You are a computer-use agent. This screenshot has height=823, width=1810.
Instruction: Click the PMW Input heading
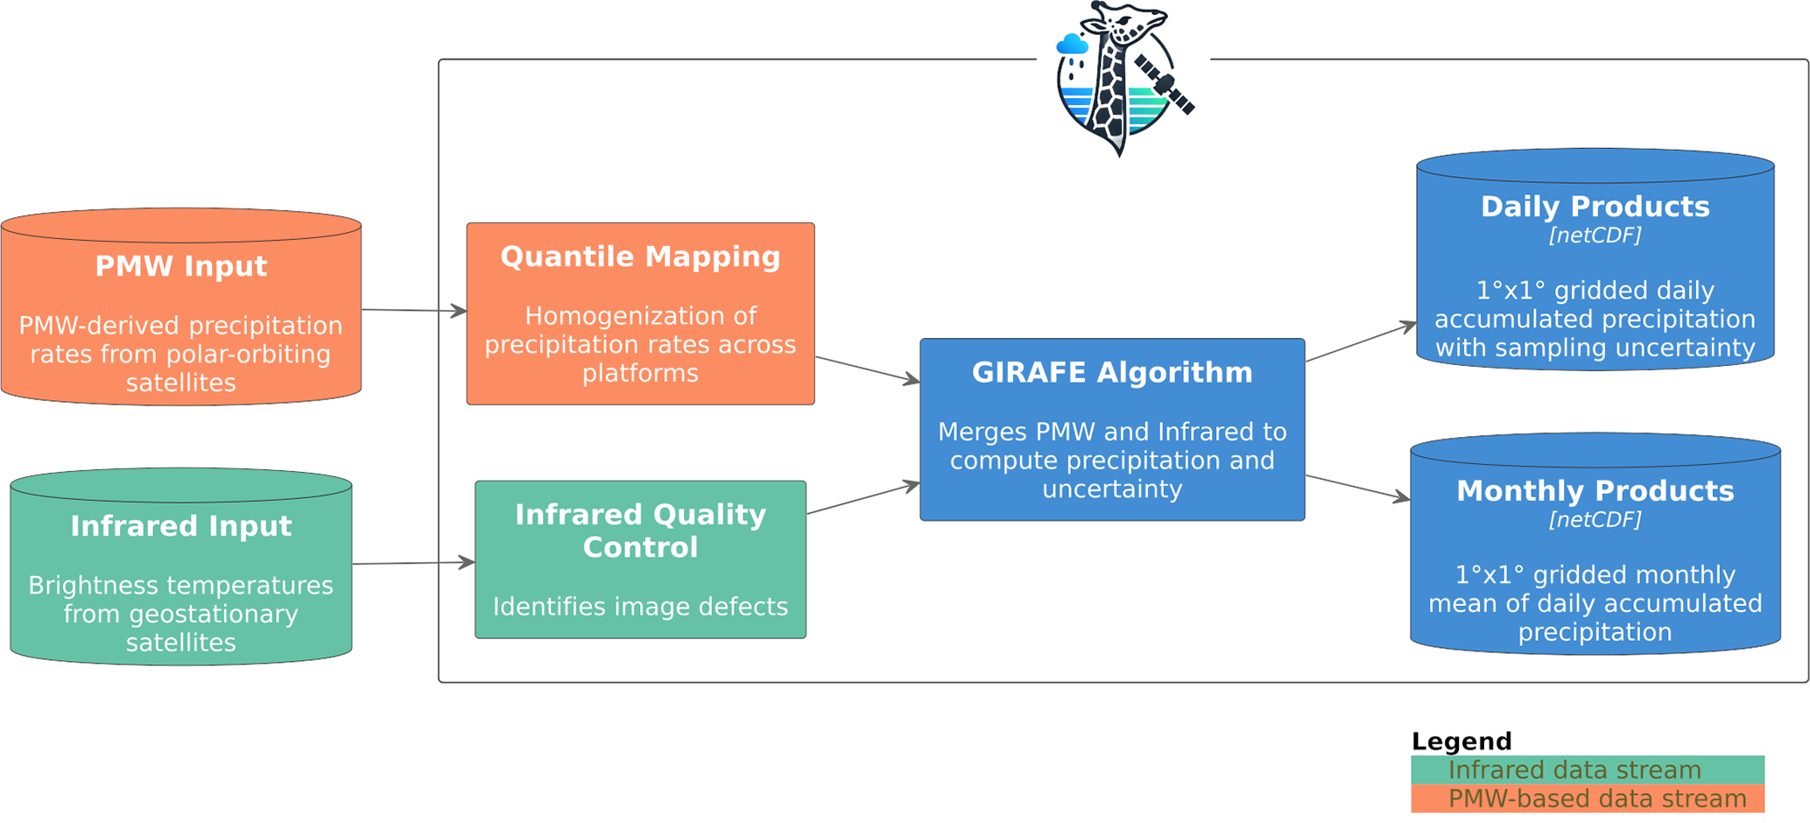(180, 266)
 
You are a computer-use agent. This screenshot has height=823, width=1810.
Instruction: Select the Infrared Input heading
(180, 526)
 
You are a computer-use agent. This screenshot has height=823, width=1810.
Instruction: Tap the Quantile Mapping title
(640, 257)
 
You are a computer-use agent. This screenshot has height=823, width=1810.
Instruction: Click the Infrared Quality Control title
(640, 531)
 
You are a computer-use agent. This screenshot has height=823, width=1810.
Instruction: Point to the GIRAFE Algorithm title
(1112, 372)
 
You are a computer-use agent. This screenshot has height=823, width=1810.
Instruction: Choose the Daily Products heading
(1595, 207)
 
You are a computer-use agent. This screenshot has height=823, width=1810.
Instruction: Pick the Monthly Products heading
(1595, 491)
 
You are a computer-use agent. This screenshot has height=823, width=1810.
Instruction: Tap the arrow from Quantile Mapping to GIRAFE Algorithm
(867, 369)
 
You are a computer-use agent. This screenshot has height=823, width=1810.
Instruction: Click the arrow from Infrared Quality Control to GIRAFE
(863, 498)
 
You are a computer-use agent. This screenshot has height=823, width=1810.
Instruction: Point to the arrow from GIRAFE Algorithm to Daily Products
(1361, 342)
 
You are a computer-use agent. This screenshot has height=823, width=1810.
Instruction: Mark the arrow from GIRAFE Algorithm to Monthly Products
(1357, 488)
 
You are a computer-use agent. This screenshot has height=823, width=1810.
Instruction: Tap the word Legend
(1461, 742)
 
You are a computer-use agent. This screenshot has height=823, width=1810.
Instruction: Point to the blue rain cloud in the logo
(1072, 45)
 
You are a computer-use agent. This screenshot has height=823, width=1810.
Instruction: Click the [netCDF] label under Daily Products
(1595, 236)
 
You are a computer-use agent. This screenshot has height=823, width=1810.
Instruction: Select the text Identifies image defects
(640, 607)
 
